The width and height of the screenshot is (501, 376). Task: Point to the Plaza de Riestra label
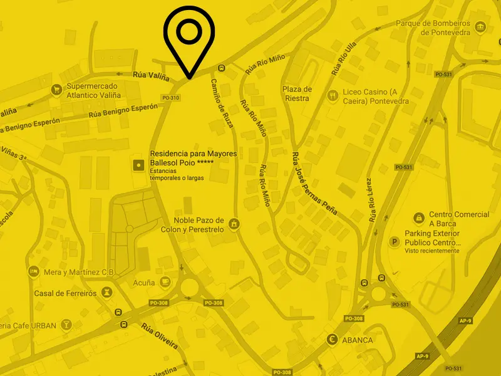pos(297,93)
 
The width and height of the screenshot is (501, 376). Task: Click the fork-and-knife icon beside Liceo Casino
pos(333,96)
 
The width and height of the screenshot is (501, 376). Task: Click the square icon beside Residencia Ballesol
pos(138,165)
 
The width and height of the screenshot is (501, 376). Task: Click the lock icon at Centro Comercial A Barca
pos(418,218)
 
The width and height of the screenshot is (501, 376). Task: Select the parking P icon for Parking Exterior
pos(395,242)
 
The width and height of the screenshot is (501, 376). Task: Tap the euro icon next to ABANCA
pos(333,340)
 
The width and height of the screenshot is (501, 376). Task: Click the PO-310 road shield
pos(170,98)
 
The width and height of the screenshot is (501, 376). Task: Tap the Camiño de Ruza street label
pos(222,103)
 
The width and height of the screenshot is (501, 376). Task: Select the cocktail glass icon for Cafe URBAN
pos(66,325)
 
